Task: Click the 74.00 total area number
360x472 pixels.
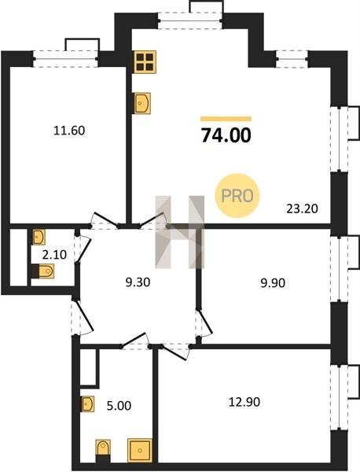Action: (x=226, y=135)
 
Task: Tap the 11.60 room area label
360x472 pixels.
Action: (x=69, y=131)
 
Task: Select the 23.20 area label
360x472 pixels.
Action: (x=302, y=208)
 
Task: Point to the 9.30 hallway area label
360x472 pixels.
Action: (x=138, y=282)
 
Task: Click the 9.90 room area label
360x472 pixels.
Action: (x=273, y=283)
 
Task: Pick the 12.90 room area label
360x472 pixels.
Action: (x=244, y=402)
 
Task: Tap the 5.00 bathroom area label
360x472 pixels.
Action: (x=119, y=406)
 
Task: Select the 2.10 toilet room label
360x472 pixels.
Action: (x=54, y=255)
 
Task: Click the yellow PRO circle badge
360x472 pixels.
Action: (x=237, y=196)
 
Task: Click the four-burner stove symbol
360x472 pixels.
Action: (x=145, y=62)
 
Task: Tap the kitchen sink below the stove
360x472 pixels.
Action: (x=141, y=103)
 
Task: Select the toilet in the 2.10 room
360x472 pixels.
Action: (x=42, y=271)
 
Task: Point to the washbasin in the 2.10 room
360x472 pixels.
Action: (x=39, y=237)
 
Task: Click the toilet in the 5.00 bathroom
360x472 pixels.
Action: (x=103, y=451)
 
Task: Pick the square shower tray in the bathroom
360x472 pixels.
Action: (x=140, y=450)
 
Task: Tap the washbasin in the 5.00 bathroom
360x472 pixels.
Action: (x=87, y=404)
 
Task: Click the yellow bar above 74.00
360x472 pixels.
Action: (x=226, y=119)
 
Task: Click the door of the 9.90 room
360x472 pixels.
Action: (x=204, y=323)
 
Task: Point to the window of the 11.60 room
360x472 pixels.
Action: (x=65, y=59)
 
